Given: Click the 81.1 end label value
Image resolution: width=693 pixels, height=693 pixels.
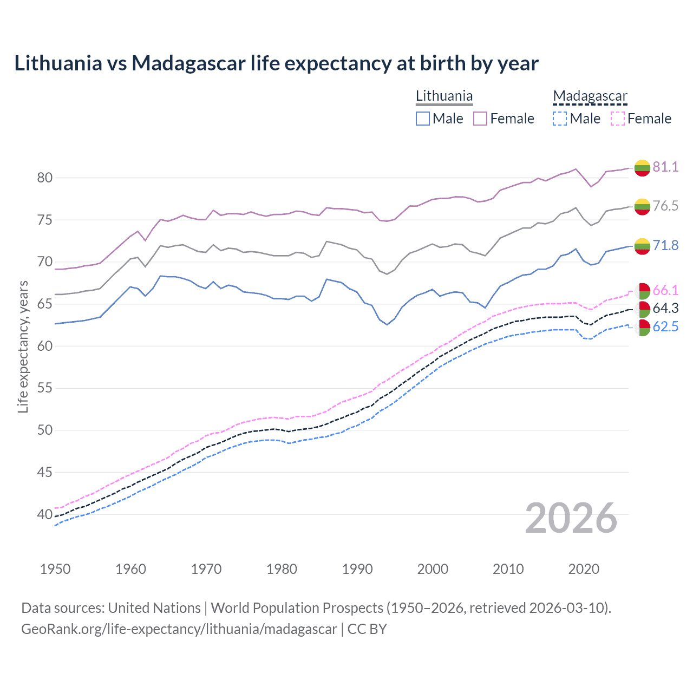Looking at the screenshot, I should tap(665, 167).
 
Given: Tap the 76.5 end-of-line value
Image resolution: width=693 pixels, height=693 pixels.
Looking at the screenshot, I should tap(665, 206).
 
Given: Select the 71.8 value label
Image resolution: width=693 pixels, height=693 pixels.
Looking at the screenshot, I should tap(665, 245).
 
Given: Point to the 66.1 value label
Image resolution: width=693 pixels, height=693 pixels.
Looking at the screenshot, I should tap(665, 290).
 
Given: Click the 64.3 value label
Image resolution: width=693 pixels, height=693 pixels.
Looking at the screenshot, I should tap(665, 308).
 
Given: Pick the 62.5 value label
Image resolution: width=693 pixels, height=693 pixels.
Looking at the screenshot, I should tap(665, 326).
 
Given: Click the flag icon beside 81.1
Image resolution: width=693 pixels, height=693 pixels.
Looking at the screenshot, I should tap(642, 168).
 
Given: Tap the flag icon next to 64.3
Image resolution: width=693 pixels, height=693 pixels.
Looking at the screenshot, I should tap(642, 309).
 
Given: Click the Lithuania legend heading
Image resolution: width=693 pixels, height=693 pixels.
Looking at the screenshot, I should tap(444, 96).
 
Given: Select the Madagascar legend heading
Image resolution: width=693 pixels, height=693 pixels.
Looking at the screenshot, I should tap(590, 96).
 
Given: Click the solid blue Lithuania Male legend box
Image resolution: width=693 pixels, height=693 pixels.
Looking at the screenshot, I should tap(423, 119).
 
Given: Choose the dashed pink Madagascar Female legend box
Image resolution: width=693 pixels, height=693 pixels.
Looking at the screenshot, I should tap(618, 119).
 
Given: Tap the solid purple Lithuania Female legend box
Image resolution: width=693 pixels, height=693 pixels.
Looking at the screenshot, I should tap(480, 119).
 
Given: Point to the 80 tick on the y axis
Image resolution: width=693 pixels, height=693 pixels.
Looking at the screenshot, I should tap(45, 178).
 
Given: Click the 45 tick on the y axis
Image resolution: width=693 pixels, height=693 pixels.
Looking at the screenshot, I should tap(45, 472).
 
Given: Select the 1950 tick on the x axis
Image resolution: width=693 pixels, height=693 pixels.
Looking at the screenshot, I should tap(55, 569).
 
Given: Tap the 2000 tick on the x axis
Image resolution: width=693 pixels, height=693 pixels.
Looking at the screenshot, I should tap(433, 569).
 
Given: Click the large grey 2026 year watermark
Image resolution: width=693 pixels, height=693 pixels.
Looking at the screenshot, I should tap(571, 518).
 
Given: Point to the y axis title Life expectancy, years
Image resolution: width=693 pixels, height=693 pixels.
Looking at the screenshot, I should tap(23, 346).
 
